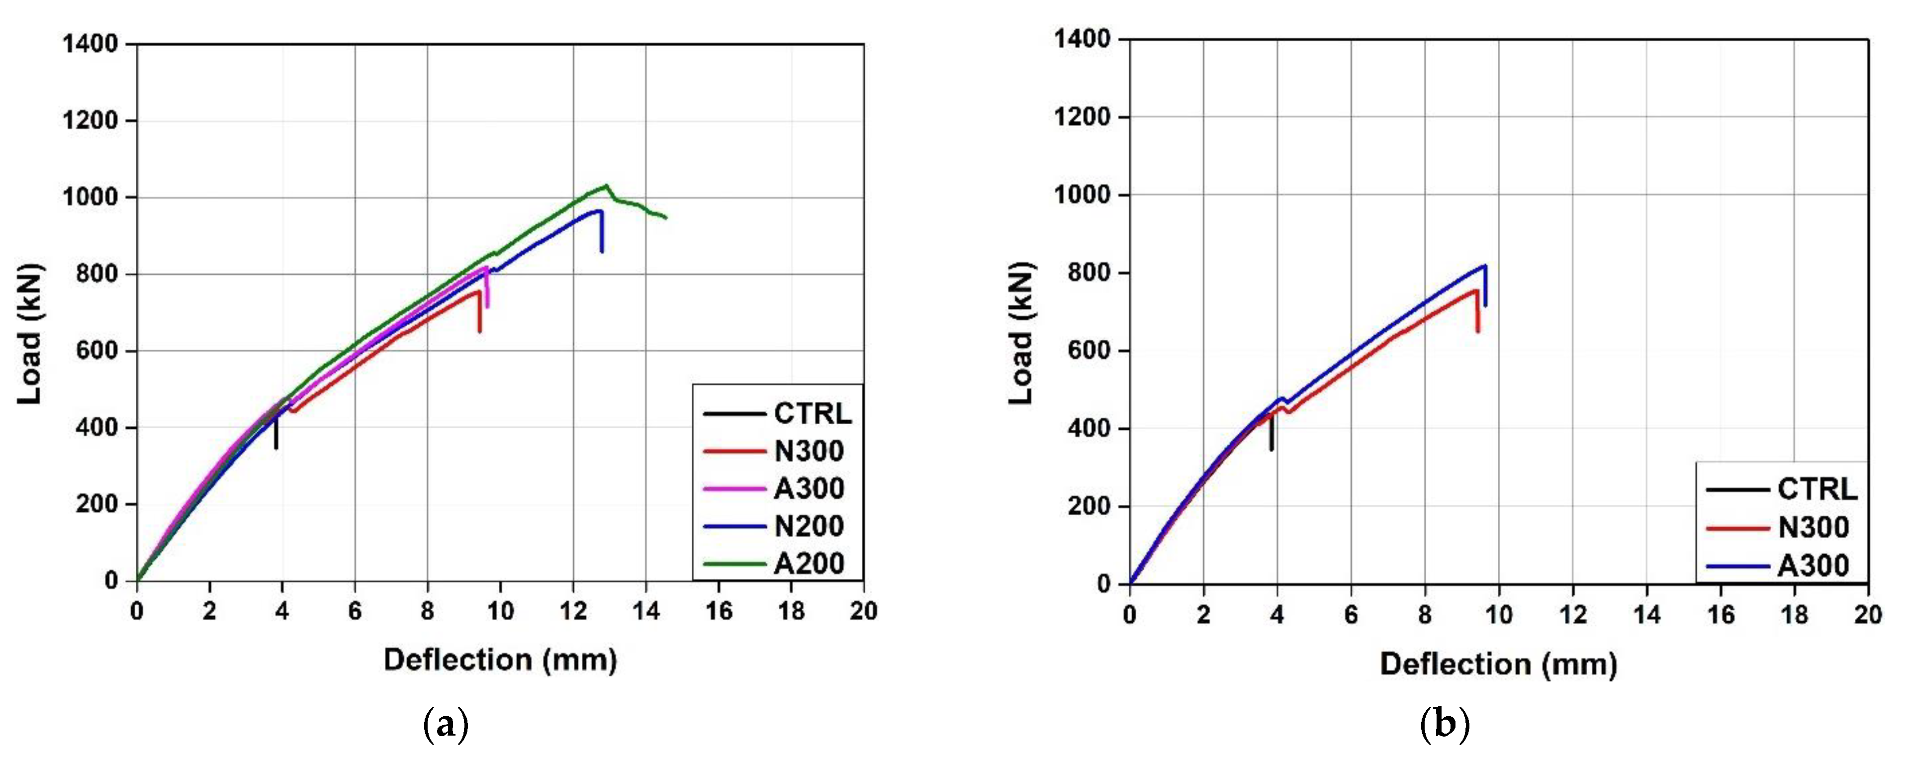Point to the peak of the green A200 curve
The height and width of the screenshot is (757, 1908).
coord(607,185)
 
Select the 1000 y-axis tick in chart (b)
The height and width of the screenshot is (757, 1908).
coord(1082,195)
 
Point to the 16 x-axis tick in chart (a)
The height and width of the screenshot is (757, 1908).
coord(719,611)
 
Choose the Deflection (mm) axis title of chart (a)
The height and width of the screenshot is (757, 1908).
coord(500,659)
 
